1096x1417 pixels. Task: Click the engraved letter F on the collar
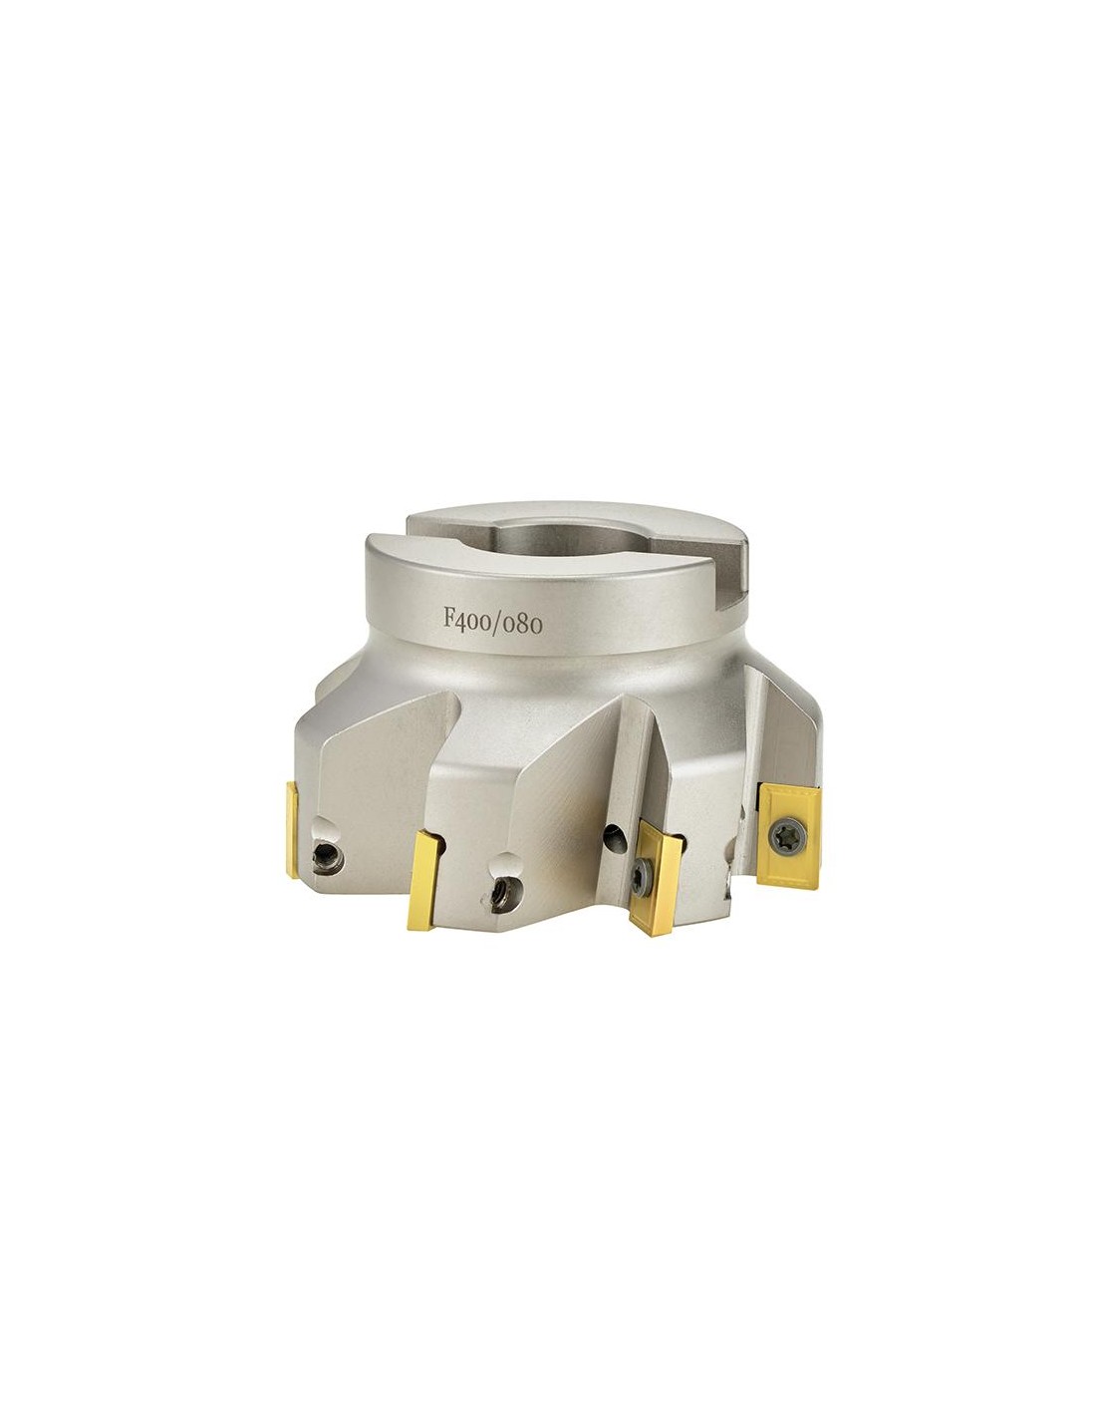click(449, 616)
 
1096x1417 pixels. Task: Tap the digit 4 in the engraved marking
click(462, 620)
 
